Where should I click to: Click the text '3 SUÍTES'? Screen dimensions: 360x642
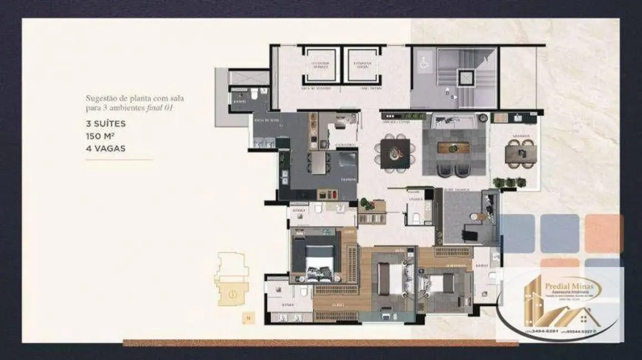(106, 124)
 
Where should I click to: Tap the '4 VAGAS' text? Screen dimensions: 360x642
(106, 148)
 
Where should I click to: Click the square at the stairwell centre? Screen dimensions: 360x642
(465, 77)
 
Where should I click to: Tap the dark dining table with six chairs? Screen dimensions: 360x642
(395, 151)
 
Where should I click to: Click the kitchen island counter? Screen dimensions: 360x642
(319, 163)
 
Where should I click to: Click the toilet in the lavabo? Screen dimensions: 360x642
(416, 219)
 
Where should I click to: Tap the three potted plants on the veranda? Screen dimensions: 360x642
(509, 182)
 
